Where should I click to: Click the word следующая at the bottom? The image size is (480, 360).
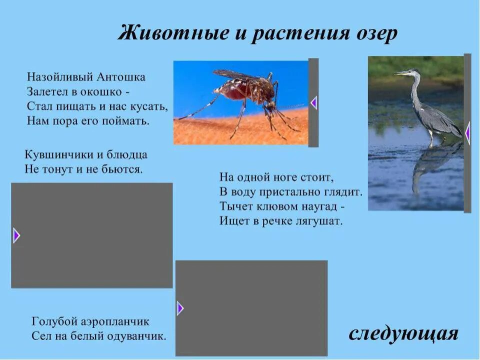click(403, 333)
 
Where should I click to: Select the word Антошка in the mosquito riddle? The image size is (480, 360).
click(122, 77)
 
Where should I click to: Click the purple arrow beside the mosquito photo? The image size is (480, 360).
click(314, 103)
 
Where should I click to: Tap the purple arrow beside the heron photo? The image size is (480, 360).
click(467, 133)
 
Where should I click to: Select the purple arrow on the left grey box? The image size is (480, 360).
click(16, 235)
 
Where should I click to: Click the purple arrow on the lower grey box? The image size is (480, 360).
click(180, 308)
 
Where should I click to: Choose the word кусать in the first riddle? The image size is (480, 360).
click(150, 106)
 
